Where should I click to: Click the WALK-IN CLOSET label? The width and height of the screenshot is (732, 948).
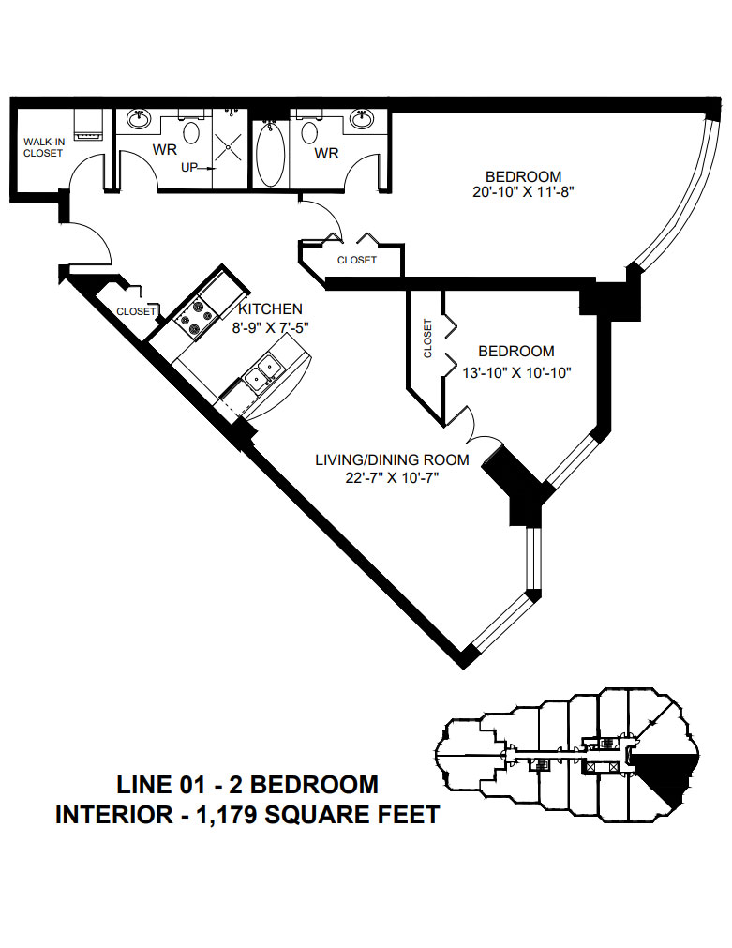coord(43,147)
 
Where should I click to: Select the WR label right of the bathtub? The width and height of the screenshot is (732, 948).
coord(326,152)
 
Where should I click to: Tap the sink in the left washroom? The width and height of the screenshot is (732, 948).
coord(139,119)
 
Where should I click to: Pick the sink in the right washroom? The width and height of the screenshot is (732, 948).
coord(361,119)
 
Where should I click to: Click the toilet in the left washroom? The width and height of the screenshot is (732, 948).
coord(192,131)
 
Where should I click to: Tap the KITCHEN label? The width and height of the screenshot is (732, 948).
coord(270,308)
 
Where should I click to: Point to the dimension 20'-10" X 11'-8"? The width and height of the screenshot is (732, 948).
coord(523,193)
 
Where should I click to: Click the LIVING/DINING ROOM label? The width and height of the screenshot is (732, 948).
coord(392,459)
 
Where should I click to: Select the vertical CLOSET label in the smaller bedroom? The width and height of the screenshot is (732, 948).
coord(428,339)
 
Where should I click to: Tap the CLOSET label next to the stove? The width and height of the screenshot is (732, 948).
coord(136,311)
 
